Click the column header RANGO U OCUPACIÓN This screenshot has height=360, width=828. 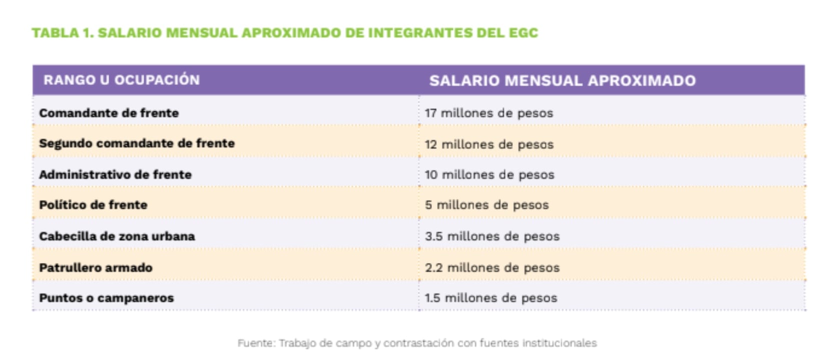[121, 80]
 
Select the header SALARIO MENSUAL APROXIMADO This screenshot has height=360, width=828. [562, 80]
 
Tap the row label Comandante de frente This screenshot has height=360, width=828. [109, 113]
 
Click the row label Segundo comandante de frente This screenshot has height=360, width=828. [137, 143]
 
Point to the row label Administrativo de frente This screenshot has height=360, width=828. [115, 174]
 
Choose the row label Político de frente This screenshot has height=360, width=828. [93, 205]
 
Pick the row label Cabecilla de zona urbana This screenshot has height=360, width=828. [117, 236]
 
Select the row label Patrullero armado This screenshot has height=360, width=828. [96, 267]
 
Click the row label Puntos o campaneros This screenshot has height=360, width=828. [106, 298]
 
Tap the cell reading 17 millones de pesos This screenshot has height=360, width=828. [489, 113]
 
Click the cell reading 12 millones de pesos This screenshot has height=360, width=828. [489, 144]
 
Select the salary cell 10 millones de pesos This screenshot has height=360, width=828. [489, 174]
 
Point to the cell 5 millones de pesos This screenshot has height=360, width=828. [486, 205]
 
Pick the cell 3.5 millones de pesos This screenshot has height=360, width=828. [492, 236]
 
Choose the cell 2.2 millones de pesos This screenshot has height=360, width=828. [492, 267]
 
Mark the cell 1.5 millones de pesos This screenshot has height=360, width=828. [490, 298]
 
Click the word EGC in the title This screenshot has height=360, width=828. [523, 33]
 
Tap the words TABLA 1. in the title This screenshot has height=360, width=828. [63, 33]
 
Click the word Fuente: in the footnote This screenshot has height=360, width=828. [256, 343]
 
